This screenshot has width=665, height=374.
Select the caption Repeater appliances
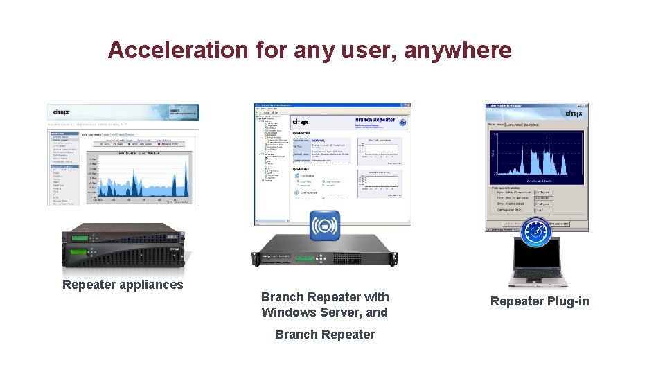click(123, 285)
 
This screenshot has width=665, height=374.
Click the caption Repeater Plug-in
click(540, 301)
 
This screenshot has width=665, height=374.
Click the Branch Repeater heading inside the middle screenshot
click(375, 120)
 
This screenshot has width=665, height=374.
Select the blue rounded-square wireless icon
click(325, 226)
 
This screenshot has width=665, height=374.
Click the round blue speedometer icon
click(536, 232)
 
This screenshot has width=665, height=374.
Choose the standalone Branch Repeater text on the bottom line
click(324, 335)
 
